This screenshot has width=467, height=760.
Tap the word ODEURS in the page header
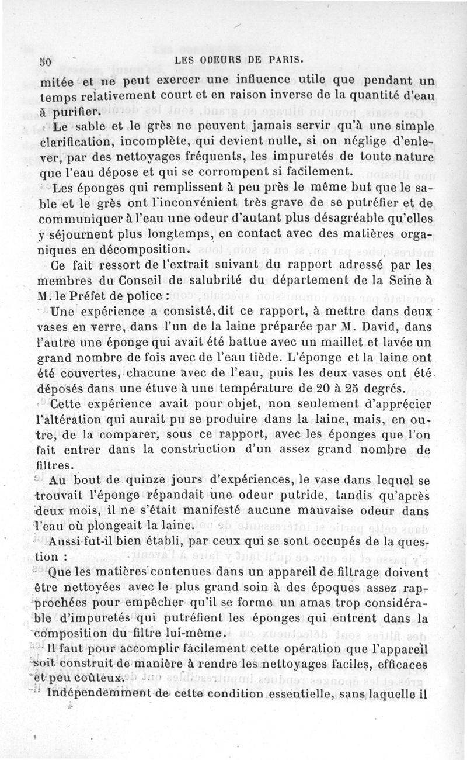[x=212, y=58]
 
